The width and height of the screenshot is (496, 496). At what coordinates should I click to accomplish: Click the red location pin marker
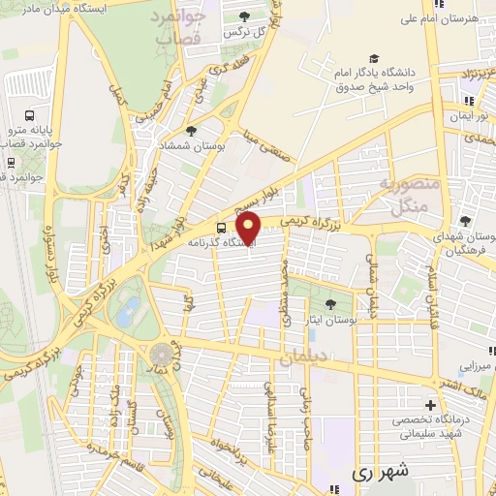pos(250,228)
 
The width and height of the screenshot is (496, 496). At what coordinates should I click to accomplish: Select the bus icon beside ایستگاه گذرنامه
pos(222,229)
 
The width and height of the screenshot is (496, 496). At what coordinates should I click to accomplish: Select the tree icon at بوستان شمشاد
pos(190,130)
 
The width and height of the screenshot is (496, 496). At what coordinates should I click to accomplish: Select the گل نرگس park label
pos(220,31)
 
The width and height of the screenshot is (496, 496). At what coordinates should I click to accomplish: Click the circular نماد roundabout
pos(161,353)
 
